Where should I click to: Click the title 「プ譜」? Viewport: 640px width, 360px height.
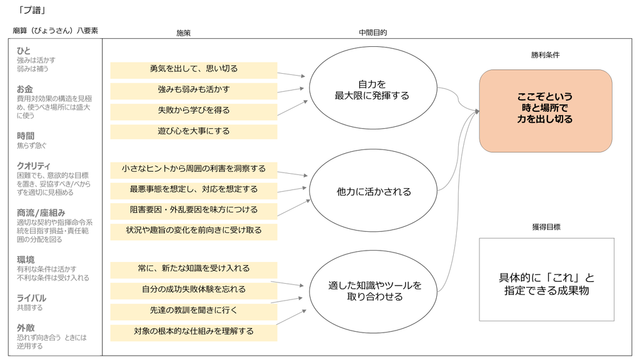(x=32, y=10)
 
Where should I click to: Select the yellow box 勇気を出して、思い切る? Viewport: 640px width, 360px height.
(x=194, y=70)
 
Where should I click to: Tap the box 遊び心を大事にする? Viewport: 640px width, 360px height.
(x=194, y=132)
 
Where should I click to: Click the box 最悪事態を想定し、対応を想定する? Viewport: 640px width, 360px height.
(x=194, y=190)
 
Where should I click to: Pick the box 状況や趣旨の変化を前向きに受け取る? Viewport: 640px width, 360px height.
(x=194, y=231)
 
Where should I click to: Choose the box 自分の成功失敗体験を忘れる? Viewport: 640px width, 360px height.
(x=194, y=290)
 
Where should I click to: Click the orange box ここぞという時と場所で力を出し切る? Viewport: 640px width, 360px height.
(x=546, y=111)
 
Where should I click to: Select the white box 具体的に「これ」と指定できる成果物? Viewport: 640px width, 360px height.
(x=546, y=279)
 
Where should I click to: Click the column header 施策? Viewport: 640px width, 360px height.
(x=183, y=33)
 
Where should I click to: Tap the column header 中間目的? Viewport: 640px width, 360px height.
(x=372, y=32)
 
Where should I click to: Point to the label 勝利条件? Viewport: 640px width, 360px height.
(x=545, y=55)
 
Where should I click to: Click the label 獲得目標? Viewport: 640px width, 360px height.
(x=546, y=227)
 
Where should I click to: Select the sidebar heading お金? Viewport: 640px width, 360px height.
(x=24, y=89)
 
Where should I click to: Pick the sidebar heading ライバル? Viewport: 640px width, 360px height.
(x=31, y=298)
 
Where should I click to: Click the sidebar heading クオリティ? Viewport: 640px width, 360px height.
(x=34, y=166)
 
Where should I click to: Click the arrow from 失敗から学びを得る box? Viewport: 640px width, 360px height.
(x=292, y=108)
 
